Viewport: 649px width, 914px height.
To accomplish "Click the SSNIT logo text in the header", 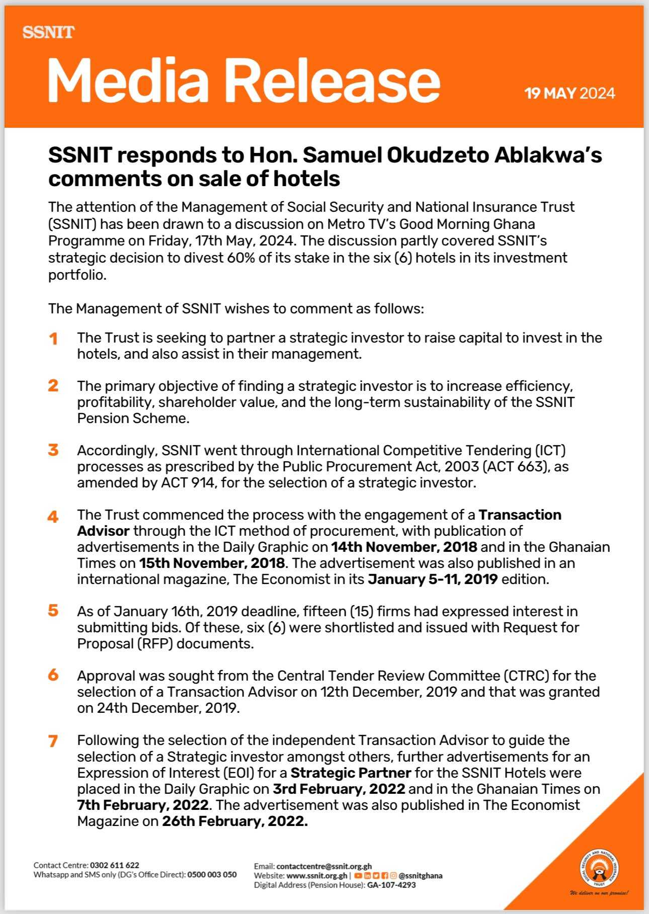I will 48,33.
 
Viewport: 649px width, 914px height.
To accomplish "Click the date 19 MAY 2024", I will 570,94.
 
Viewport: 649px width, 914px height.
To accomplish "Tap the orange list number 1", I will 53,339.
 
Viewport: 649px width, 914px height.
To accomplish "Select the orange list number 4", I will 53,517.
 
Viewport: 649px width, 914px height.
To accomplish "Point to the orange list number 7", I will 53,741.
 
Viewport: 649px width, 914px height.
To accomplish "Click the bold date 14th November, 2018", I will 404,547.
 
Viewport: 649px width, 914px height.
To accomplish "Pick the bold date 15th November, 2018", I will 212,563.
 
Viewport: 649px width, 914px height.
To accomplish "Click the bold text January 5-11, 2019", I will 433,579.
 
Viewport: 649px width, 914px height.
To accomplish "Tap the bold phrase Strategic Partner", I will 351,773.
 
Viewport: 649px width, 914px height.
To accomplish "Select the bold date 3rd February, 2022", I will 339,789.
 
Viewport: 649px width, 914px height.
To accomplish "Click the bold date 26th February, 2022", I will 234,821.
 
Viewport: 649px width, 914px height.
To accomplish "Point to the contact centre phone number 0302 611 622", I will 115,865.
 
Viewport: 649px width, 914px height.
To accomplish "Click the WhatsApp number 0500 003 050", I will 212,874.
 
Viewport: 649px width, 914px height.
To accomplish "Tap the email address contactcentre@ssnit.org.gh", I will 324,866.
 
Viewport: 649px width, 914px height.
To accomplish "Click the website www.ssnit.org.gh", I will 316,875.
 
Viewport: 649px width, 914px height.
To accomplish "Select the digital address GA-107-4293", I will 391,885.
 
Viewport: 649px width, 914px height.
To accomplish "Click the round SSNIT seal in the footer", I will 599,869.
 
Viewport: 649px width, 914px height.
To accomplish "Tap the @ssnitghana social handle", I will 421,875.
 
